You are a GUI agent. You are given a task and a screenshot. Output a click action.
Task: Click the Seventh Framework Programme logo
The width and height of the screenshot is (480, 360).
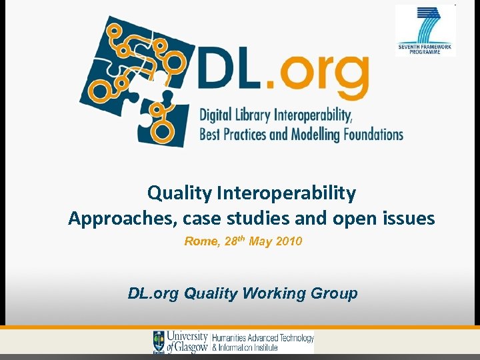tap(425, 30)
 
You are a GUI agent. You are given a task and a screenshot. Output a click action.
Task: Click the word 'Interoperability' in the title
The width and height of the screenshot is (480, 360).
tap(286, 193)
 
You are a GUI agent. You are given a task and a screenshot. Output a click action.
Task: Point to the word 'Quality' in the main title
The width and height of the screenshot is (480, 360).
tap(179, 193)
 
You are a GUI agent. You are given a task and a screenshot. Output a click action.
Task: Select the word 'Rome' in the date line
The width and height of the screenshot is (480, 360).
tap(201, 241)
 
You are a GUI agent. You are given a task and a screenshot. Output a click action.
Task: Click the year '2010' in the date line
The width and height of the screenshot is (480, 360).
tap(287, 241)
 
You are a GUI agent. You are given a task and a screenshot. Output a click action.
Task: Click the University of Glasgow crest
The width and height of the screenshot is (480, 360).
tap(159, 341)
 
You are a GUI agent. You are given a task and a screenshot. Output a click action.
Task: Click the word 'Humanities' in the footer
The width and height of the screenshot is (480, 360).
tap(231, 338)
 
